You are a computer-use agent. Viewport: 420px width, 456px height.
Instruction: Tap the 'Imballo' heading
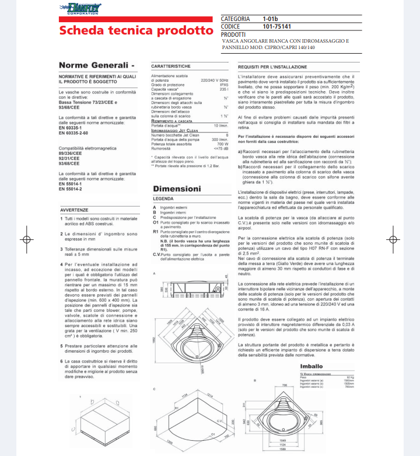click(312, 366)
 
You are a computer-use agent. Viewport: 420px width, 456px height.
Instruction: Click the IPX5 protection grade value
click(223, 85)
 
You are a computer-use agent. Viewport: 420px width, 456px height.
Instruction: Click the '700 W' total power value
click(222, 144)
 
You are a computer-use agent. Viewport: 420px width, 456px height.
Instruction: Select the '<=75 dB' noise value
click(220, 148)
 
